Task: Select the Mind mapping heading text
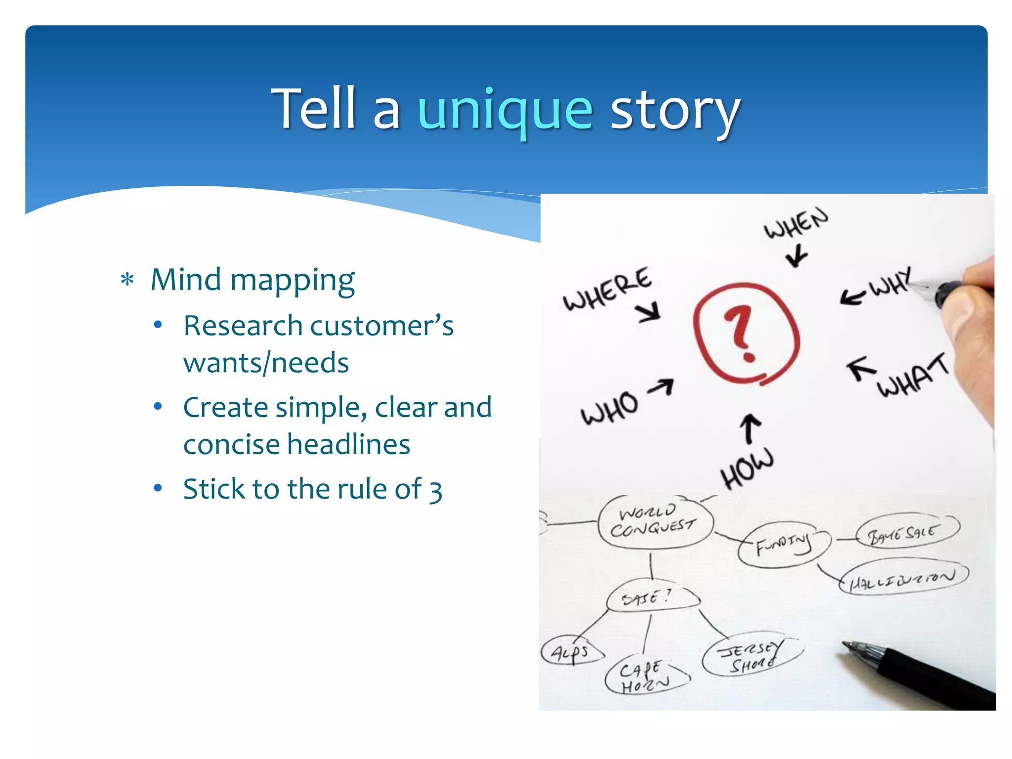tap(253, 280)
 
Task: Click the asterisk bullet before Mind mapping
tap(127, 280)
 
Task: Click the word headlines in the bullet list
tap(348, 444)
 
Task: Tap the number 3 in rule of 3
tap(435, 490)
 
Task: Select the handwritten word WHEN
tap(796, 223)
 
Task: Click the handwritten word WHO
tap(610, 408)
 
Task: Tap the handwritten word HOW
tap(746, 467)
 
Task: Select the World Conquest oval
tap(655, 521)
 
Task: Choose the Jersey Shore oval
tap(751, 656)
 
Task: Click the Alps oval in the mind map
tap(571, 652)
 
